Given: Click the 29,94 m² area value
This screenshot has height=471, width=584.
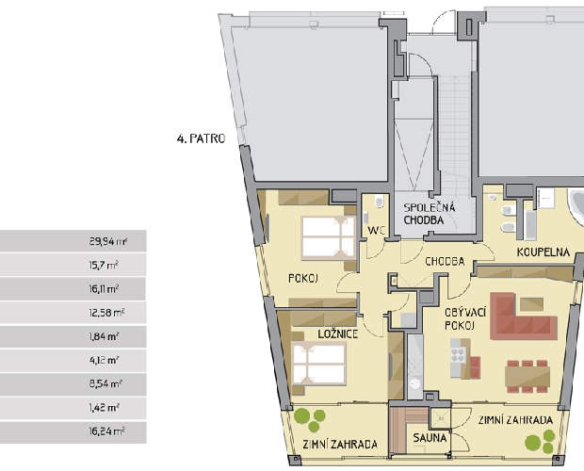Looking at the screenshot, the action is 108,242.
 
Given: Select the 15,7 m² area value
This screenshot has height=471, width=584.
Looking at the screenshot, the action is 104,266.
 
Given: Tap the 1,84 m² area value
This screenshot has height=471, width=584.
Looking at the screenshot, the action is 104,337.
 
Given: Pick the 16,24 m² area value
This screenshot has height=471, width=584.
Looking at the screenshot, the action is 106,431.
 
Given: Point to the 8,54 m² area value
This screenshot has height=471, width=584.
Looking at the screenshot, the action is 105,384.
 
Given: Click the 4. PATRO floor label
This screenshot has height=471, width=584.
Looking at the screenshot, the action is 202,138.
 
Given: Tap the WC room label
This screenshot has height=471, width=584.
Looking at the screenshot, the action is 376,231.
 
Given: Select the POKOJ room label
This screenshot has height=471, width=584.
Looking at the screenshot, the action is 303,279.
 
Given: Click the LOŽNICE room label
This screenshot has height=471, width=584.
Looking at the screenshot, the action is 338,334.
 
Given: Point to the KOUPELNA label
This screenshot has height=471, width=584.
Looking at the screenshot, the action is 543,252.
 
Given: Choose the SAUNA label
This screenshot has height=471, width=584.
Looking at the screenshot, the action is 430,438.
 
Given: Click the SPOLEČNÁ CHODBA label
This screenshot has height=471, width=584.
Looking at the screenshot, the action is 430,214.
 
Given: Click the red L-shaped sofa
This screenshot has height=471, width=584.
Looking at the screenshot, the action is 522,317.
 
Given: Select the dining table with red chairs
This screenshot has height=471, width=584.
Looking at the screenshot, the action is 527,377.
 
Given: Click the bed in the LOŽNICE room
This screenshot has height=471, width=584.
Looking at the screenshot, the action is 319,364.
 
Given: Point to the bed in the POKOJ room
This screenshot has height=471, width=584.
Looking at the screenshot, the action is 329,238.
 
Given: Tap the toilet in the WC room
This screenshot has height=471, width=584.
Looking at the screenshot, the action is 380,202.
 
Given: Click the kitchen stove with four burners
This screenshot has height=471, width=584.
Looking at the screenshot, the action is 458,355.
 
